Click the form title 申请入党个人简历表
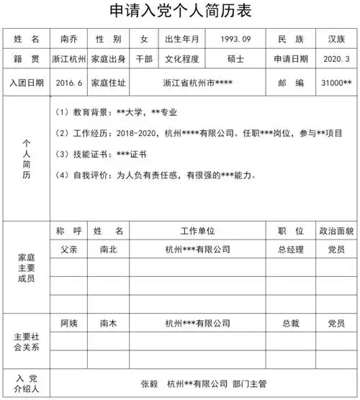click(x=180, y=12)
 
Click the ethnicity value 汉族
click(x=337, y=38)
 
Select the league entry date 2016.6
click(x=69, y=83)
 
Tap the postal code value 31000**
click(x=337, y=83)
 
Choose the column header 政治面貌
click(x=337, y=232)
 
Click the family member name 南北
click(x=109, y=250)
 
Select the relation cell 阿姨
click(x=69, y=323)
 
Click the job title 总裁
click(x=291, y=323)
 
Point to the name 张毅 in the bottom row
click(x=149, y=383)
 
